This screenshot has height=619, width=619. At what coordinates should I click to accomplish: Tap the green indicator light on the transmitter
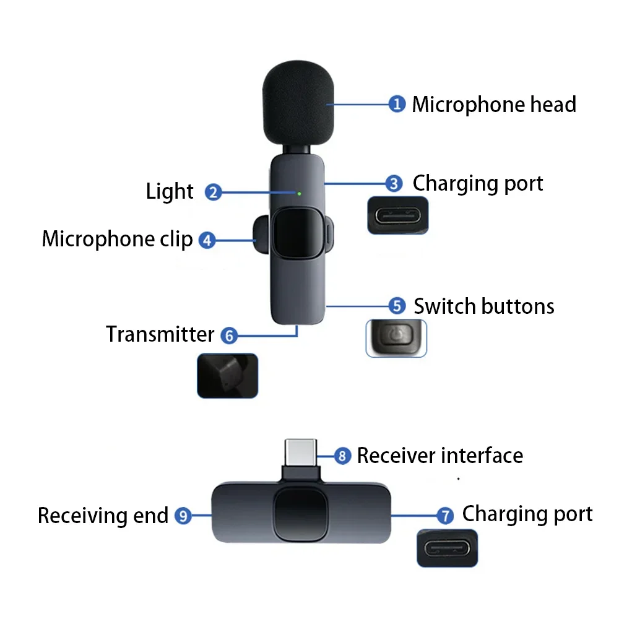(300, 193)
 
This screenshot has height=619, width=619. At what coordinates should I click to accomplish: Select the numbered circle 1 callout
(397, 103)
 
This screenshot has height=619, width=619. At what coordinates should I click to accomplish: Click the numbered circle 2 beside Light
(213, 193)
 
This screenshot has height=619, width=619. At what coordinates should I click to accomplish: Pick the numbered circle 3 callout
(394, 183)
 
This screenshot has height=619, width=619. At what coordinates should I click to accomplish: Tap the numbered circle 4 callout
(207, 240)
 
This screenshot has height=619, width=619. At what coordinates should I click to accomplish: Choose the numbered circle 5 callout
(396, 306)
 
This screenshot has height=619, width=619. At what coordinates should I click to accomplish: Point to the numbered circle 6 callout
(229, 335)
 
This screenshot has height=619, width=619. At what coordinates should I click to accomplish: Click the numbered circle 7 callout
(444, 515)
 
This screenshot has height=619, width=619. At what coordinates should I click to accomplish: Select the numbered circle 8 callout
(342, 456)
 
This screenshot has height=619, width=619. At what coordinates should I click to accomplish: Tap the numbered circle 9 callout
(183, 515)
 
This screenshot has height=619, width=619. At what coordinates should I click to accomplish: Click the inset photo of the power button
(396, 338)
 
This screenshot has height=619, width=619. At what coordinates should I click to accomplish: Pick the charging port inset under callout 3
(398, 215)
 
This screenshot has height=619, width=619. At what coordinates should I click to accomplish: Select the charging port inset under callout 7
(448, 548)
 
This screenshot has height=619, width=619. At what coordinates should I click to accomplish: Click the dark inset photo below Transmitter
(227, 375)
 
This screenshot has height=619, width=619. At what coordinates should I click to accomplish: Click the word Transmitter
(160, 334)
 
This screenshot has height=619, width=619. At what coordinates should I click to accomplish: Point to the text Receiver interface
(440, 456)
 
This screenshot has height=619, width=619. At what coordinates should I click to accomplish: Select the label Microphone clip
(117, 240)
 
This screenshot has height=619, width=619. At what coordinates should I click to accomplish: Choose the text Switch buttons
(484, 306)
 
